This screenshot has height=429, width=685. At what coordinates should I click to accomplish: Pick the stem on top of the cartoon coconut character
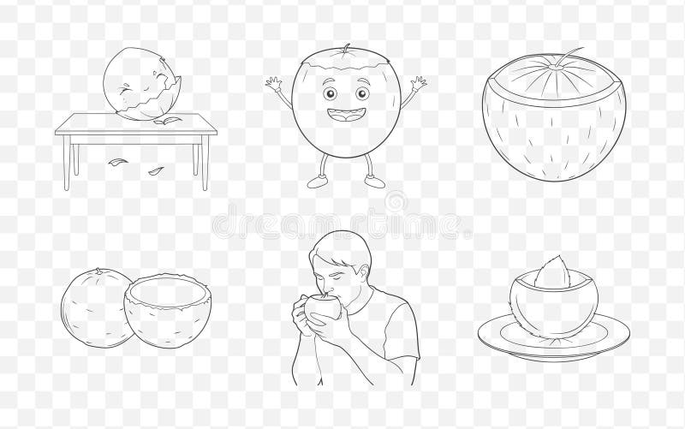pos(346,48)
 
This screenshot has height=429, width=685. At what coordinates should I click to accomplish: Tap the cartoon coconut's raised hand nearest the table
pos(274,84)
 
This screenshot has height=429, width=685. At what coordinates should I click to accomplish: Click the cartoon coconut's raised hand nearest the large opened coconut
pos(418,84)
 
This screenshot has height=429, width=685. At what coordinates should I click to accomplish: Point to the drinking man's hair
pos(342,245)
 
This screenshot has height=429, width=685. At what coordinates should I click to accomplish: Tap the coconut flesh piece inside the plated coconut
pos(552,272)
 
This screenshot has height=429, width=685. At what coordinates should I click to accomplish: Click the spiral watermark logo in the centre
pos(396,203)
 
